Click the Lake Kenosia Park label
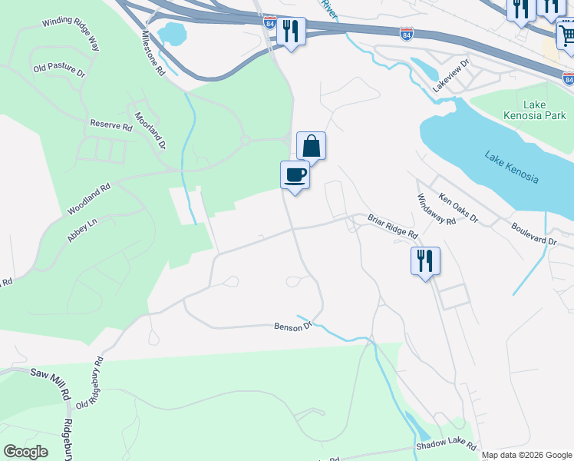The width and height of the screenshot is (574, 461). [x=544, y=110]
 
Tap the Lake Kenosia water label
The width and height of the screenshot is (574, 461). [x=512, y=167]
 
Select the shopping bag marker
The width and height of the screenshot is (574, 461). [x=312, y=145]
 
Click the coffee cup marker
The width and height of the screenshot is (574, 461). [x=295, y=175]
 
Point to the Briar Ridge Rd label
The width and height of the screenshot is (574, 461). [x=392, y=226]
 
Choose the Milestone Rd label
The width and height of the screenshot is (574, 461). [x=153, y=53]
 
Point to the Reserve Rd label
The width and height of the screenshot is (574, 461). [x=111, y=124]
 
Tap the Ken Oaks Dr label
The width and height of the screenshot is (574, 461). [x=458, y=208]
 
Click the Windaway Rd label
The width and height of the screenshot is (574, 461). [x=437, y=208]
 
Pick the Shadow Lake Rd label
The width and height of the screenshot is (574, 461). [x=446, y=446]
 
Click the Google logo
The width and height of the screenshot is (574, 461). [x=25, y=452]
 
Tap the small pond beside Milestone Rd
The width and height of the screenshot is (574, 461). [x=173, y=33]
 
